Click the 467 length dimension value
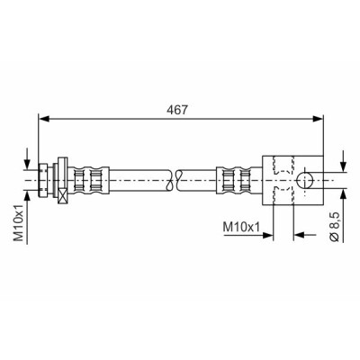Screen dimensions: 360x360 [176, 110]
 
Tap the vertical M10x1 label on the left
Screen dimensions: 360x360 [19, 223]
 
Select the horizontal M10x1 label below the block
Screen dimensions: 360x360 [241, 227]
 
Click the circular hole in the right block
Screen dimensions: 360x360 [304, 181]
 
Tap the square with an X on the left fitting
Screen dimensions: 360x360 [63, 196]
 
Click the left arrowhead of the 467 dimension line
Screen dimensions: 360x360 [44, 119]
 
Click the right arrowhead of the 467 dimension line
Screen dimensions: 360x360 [318, 119]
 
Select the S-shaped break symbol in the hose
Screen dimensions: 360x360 [174, 180]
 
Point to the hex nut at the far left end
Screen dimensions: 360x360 [43, 180]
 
